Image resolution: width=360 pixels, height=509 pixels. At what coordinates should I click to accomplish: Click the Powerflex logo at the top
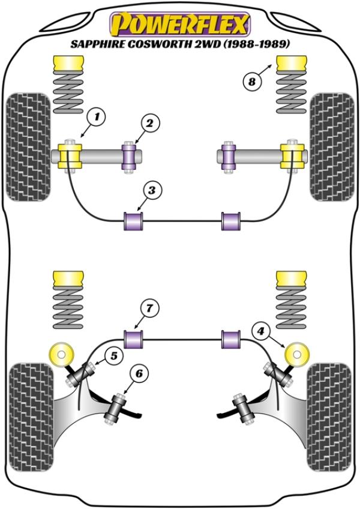pyautogui.click(x=179, y=25)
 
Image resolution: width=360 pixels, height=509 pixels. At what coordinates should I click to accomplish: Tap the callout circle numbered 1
pyautogui.click(x=95, y=115)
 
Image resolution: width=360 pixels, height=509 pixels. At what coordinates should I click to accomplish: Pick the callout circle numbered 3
pyautogui.click(x=152, y=191)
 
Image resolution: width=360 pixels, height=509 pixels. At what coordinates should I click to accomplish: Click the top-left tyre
pyautogui.click(x=28, y=146)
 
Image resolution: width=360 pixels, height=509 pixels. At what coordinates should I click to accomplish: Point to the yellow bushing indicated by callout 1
pyautogui.click(x=70, y=155)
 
